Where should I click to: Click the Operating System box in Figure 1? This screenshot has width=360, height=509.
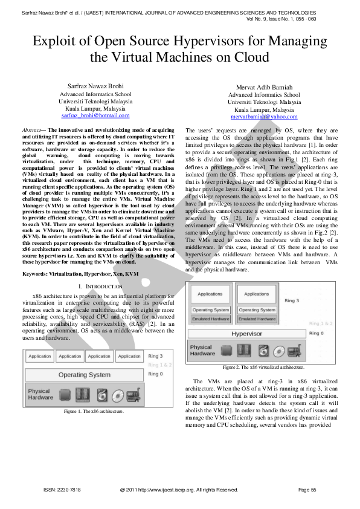(85, 375)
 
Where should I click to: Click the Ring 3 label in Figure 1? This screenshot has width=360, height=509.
(155, 356)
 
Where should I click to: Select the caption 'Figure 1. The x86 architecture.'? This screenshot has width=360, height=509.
(94, 412)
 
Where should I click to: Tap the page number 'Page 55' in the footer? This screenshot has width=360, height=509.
(307, 489)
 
